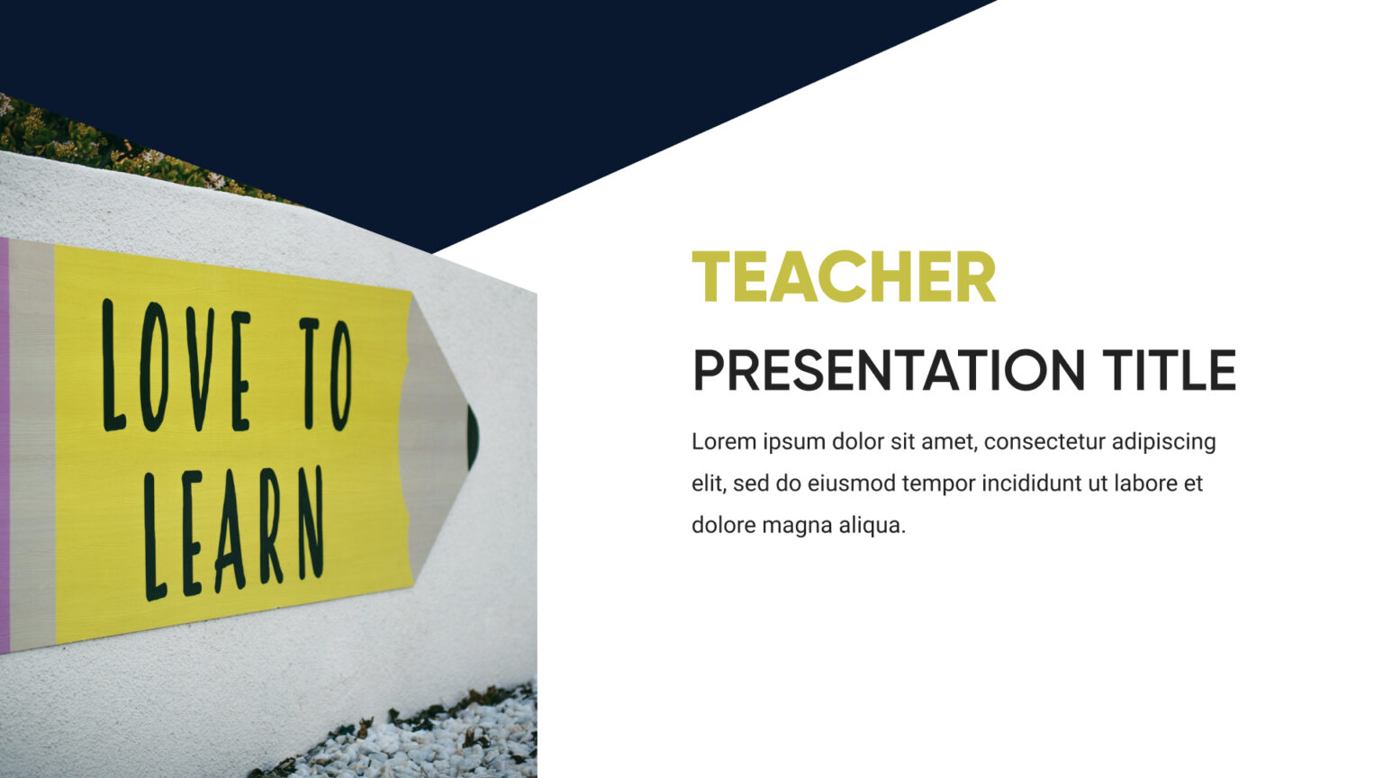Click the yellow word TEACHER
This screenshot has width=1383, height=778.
(x=844, y=278)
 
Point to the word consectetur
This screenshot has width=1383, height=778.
(x=1044, y=441)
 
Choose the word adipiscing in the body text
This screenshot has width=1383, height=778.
(x=1163, y=442)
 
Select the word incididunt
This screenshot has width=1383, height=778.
(x=1031, y=484)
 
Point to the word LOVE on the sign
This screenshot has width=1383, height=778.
(x=176, y=367)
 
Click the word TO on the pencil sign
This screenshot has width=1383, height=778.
(x=325, y=373)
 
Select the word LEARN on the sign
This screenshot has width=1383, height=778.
(x=234, y=533)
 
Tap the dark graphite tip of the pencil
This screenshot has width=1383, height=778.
(x=473, y=437)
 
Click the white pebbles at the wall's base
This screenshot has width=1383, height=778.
(x=432, y=743)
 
